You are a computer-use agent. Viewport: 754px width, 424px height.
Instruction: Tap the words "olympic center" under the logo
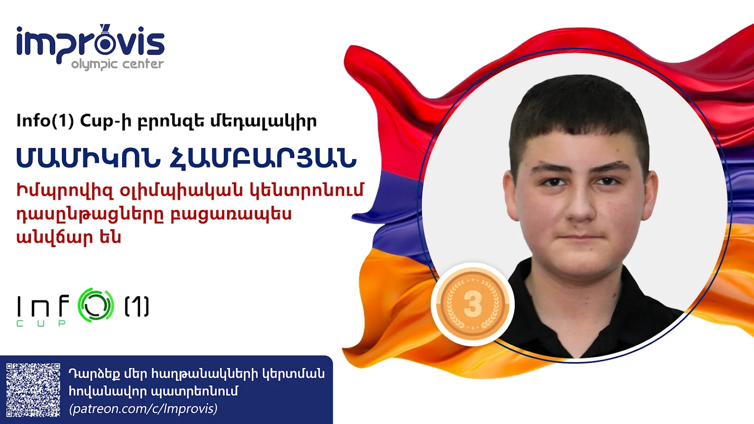pos(117,64)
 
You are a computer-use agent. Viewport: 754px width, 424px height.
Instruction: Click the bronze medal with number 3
pos(472,304)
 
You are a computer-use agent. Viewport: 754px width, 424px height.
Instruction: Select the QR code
pos(33,390)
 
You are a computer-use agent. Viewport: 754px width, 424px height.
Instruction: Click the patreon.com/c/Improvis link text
pos(143,409)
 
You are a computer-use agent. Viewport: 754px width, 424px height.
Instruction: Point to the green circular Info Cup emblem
pos(96,305)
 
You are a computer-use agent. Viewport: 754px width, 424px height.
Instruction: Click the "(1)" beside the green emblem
pos(137,306)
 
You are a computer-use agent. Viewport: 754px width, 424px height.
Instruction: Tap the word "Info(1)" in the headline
pos(45,121)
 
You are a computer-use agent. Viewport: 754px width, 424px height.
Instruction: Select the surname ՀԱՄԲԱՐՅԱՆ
pos(263,158)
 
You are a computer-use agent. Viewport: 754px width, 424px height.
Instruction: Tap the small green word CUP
pos(41,323)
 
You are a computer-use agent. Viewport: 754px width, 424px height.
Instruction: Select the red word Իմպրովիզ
pos(65,191)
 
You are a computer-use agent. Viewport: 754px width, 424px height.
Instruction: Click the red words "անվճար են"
pos(69,237)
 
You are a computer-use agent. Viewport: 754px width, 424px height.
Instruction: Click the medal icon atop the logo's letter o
pos(105,30)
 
